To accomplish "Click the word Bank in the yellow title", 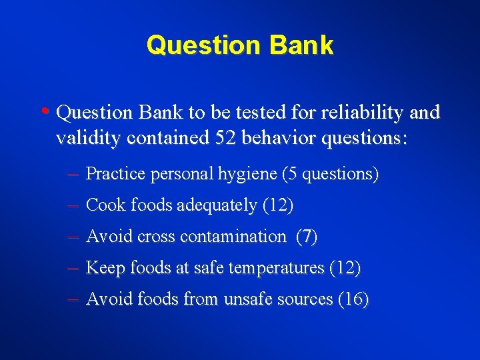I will tap(302, 45).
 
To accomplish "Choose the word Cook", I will tap(105, 205).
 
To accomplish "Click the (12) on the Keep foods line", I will tap(345, 268).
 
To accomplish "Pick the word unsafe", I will tap(247, 299).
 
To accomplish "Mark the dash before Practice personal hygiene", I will tap(74, 175).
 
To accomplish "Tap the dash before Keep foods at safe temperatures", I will tap(74, 268).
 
